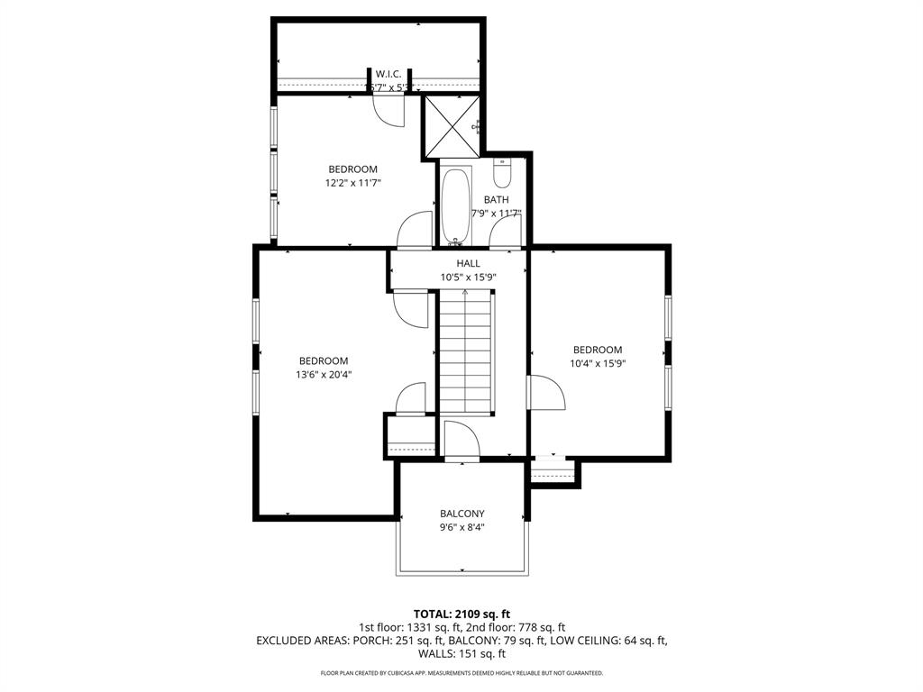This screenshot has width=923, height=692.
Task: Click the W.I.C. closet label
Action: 388,74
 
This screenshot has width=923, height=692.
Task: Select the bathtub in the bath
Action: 456,205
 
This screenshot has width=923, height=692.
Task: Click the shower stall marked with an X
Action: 451,126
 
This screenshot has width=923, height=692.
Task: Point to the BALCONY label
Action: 461,514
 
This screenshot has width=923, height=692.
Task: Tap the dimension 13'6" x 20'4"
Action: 324,374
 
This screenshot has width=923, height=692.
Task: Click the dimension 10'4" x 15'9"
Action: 599,363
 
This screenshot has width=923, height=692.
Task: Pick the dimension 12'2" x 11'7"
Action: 352,182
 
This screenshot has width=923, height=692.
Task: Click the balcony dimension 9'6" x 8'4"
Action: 461,527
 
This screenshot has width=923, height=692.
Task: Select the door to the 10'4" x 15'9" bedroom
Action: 545,394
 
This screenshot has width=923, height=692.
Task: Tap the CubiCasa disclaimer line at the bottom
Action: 461,673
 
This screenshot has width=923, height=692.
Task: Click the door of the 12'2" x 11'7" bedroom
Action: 416,230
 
